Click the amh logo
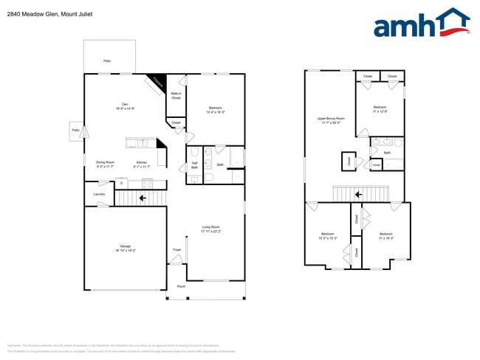pos(421,24)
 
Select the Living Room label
pos(211,229)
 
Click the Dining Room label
pos(105,165)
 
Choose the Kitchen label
pos(141,165)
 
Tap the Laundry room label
pos(99,194)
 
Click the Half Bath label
pos(195,165)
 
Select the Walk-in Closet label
pos(176,95)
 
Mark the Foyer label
pos(177,250)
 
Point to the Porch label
pos(181,286)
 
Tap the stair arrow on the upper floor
pos(358,195)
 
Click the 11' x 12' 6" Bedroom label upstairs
pos(380,109)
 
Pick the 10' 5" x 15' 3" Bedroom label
pos(327,236)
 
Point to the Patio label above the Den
pos(107,60)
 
